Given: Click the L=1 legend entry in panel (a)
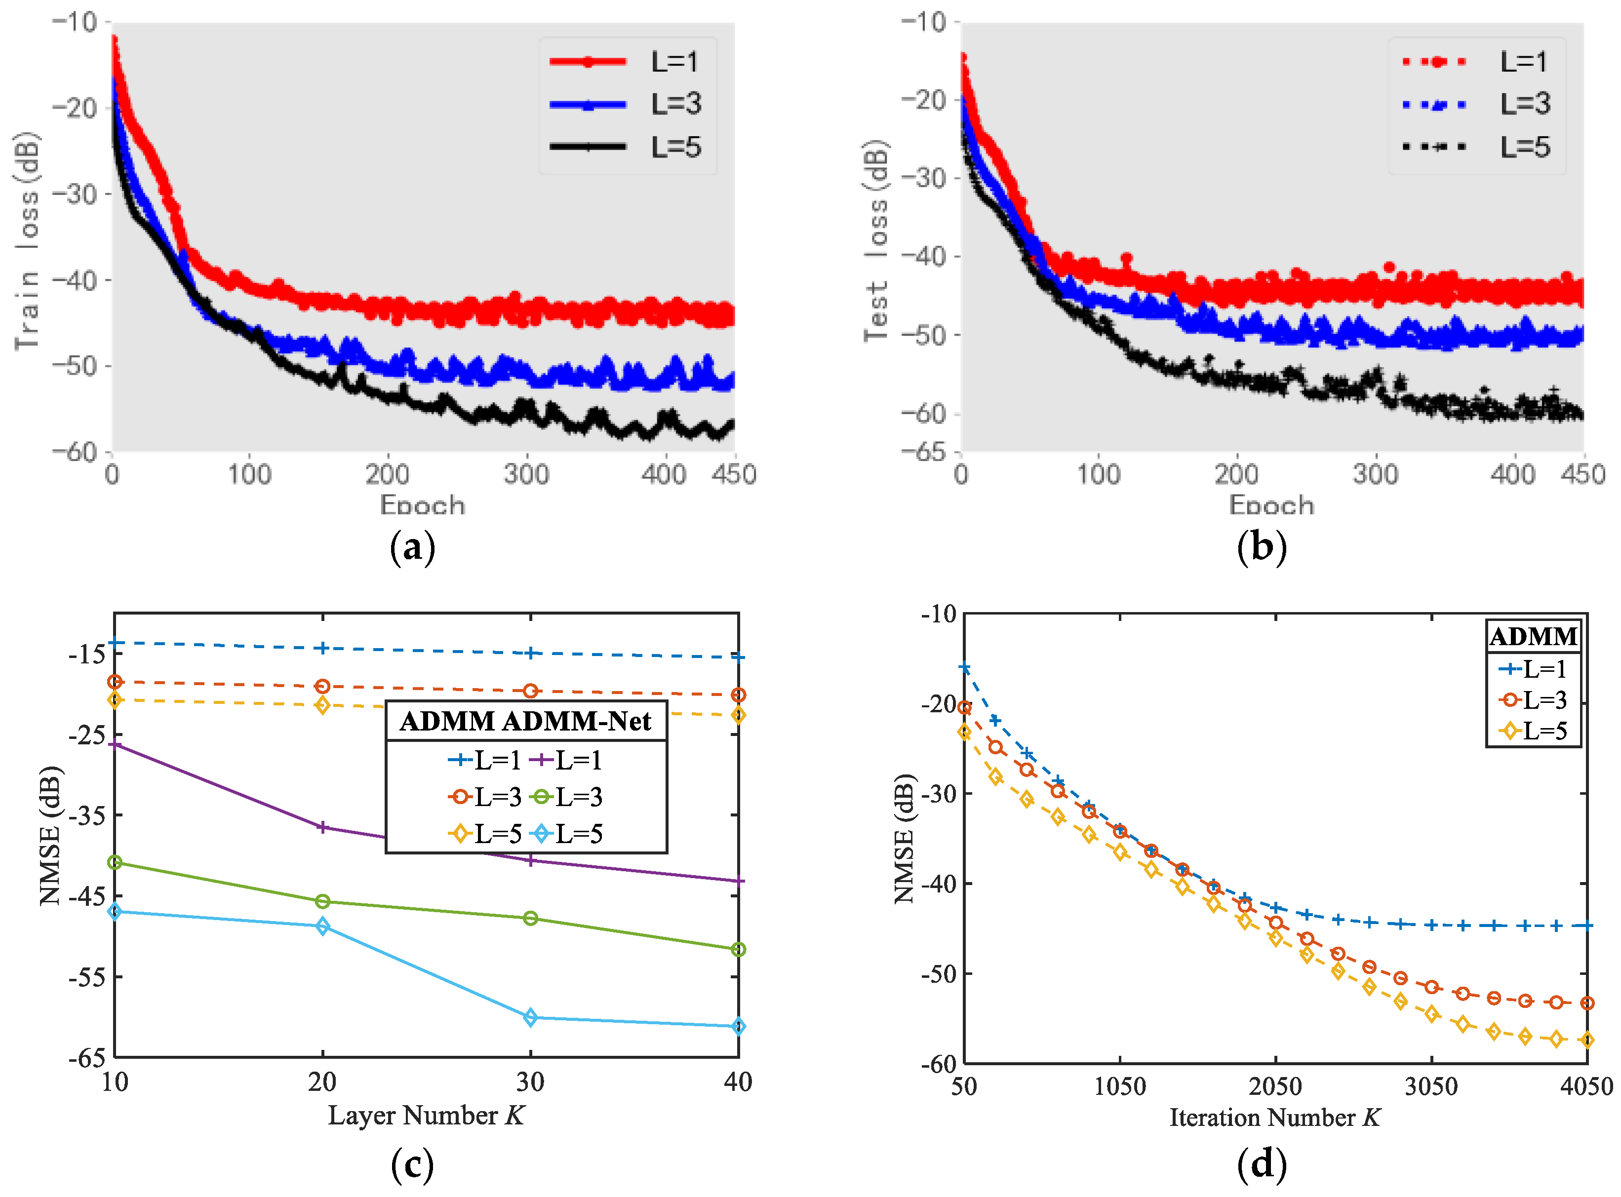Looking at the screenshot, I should (x=623, y=62).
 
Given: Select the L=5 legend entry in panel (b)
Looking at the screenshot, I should (x=1475, y=147).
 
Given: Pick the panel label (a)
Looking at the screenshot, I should (x=412, y=548).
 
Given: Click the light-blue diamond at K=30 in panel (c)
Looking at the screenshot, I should (x=530, y=1017).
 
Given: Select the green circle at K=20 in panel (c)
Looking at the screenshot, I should (x=322, y=901).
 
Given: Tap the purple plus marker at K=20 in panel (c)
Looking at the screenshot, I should (x=322, y=827).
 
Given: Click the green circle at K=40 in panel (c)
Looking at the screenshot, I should (x=738, y=949).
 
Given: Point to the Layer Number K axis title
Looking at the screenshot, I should (x=426, y=1115).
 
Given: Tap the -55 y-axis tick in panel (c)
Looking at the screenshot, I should (x=87, y=977).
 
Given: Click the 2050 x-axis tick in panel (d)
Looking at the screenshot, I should (x=1275, y=1086).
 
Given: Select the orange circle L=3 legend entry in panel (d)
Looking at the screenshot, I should (x=1533, y=700).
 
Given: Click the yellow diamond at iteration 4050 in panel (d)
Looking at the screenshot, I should (x=1587, y=1040).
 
